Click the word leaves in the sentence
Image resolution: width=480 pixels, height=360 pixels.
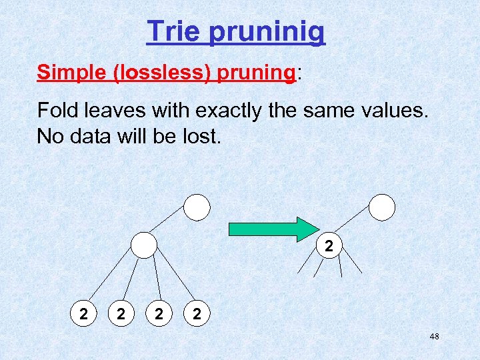tap(116, 109)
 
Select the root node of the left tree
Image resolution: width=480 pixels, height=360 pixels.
tap(197, 207)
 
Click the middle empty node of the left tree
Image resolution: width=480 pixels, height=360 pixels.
tap(143, 245)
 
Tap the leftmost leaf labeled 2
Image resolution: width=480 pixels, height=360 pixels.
tap(83, 313)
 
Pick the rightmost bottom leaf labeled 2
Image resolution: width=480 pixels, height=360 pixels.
tap(195, 313)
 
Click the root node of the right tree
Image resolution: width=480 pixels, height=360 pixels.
tap(382, 207)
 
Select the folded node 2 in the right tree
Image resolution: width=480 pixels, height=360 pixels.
tap(328, 246)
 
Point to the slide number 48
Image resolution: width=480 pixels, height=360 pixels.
tap(434, 337)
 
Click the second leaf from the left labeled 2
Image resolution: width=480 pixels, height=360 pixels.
tap(120, 313)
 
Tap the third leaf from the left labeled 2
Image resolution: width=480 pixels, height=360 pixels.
tap(158, 313)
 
